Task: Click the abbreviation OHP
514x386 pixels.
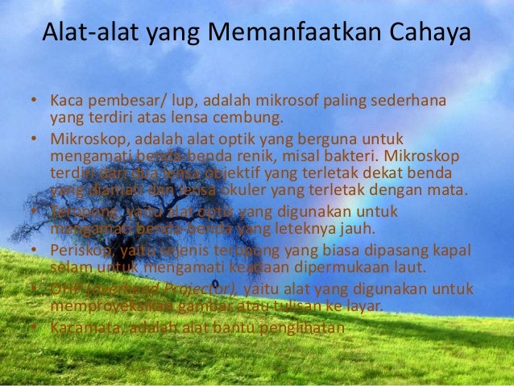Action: [64, 288]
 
